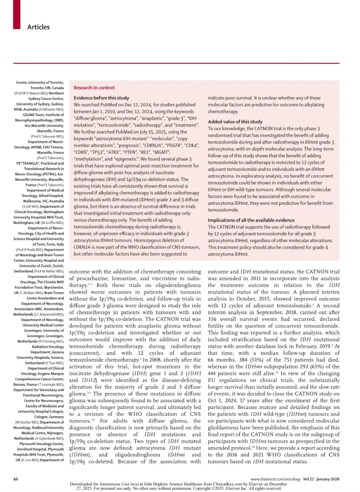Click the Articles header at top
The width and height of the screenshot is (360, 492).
(38, 27)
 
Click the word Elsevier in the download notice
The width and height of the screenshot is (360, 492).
(259, 483)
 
